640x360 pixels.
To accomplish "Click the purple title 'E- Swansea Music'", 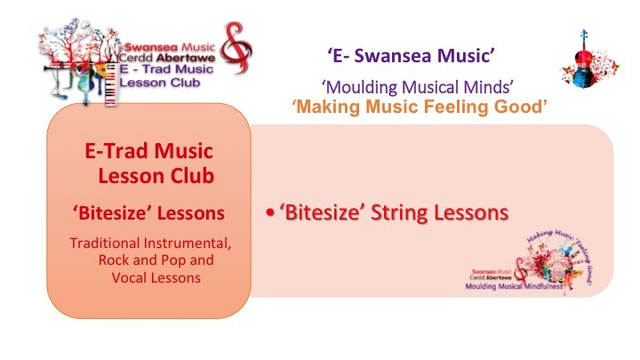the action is (412, 55).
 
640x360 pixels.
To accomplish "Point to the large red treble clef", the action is (236, 48).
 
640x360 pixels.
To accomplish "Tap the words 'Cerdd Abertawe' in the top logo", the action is (167, 58).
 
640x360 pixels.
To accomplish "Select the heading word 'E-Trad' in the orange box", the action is (117, 151).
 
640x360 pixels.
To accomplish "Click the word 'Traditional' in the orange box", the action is (105, 244).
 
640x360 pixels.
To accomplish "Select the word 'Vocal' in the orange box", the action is (127, 278).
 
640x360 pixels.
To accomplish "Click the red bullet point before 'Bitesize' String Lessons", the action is (270, 212).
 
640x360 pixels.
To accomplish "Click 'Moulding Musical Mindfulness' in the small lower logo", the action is (514, 286).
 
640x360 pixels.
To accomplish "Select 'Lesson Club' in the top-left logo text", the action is (160, 83).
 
